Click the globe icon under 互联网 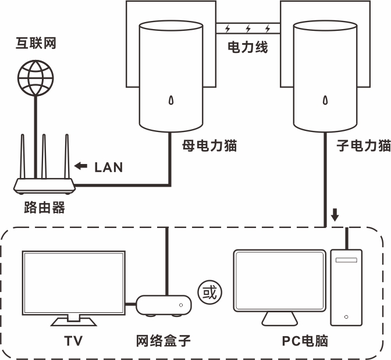coord(35,76)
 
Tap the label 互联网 coord(35,44)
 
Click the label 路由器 coord(44,208)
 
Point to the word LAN coord(109,167)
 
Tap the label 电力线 coord(248,48)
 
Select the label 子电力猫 coord(364,146)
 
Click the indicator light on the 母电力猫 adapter coord(170,101)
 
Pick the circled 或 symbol coord(210,291)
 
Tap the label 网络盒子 coord(163,341)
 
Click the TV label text coord(73,341)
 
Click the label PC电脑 coord(305,341)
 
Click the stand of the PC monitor coord(279,318)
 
